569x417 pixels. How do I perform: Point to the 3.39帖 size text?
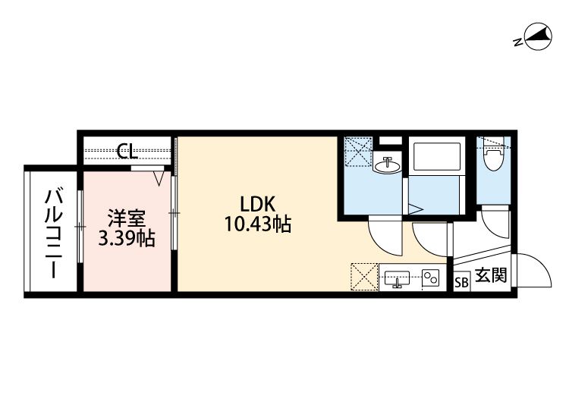(127, 239)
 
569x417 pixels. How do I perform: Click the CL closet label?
(126, 152)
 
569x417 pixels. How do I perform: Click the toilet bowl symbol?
(493, 160)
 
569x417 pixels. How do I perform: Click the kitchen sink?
(398, 278)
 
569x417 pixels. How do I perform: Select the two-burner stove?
(432, 278)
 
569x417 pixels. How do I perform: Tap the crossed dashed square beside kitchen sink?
(363, 277)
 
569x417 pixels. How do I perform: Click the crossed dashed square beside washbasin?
(358, 149)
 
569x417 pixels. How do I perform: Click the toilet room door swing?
(495, 225)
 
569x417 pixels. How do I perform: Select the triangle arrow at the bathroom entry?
(416, 207)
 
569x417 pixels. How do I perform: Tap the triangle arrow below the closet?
(159, 178)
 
